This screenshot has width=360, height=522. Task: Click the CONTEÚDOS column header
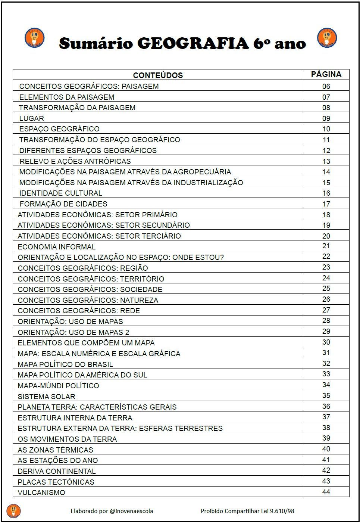158,75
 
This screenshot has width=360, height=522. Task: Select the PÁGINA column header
326,74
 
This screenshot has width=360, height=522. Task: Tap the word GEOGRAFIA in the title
193,43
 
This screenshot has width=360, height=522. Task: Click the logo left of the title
34,38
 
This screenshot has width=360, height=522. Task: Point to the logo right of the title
327,38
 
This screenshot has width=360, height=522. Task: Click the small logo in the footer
14,511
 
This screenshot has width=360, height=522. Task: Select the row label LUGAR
32,118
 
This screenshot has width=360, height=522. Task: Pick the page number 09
326,118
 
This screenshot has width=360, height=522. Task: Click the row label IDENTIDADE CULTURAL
61,193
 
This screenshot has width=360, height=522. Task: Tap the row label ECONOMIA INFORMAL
57,247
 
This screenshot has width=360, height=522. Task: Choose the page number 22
326,257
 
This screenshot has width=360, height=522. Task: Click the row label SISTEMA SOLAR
46,396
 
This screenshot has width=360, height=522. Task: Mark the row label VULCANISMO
41,493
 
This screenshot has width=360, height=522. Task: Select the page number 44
326,492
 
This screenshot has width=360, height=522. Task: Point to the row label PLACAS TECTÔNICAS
56,482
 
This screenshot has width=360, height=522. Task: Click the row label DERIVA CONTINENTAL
57,471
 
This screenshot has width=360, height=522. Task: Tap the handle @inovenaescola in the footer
131,511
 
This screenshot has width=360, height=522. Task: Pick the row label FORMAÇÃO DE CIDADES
63,204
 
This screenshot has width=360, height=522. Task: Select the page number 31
326,353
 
